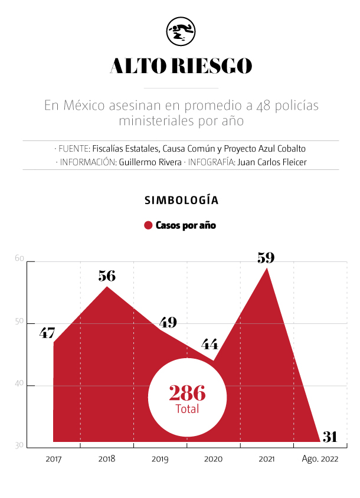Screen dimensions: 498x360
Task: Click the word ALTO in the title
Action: (138, 67)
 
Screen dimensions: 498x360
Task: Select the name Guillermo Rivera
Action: (150, 162)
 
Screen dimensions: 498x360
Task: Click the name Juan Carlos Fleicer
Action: (271, 162)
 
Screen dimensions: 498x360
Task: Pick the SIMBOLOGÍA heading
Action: (181, 201)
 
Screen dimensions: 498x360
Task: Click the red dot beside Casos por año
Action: (148, 225)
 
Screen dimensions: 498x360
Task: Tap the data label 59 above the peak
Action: (266, 258)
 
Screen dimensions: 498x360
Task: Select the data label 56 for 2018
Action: (107, 276)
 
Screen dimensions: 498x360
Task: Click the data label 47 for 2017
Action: (47, 333)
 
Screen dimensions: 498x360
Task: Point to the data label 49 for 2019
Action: (168, 323)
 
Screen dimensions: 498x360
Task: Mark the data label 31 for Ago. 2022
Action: (330, 437)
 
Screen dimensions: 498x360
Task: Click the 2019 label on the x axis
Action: (160, 459)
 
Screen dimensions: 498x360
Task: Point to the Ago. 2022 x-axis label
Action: (320, 459)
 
